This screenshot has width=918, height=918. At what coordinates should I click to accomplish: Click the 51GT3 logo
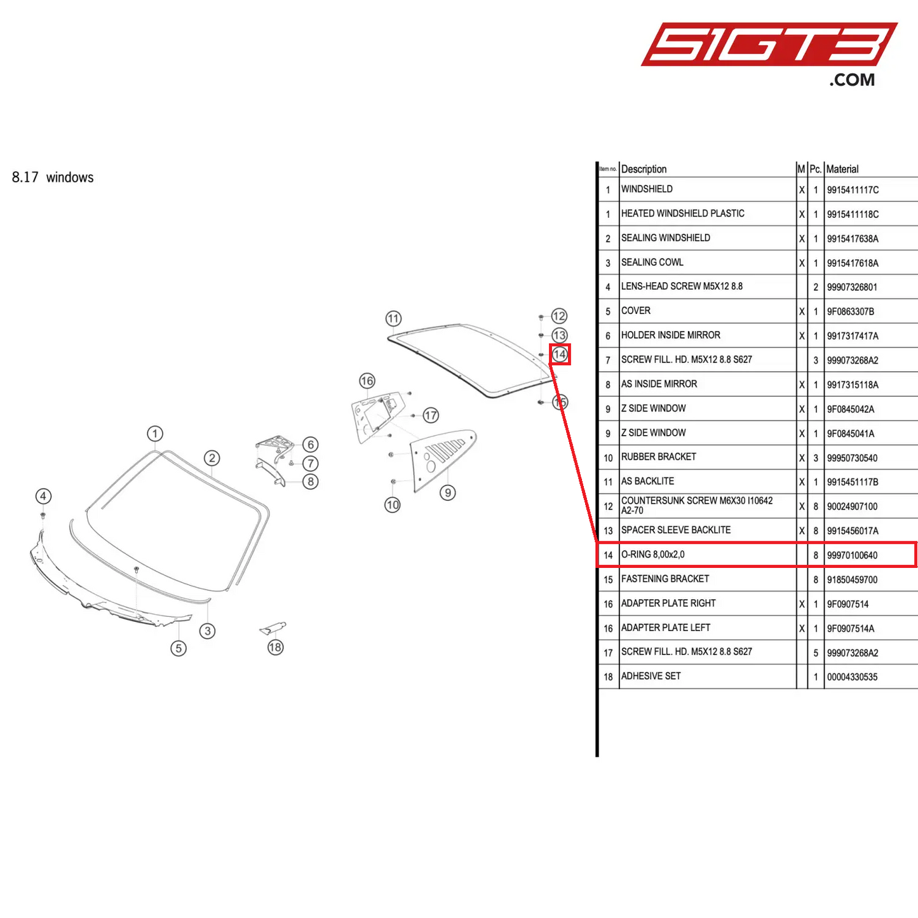point(769,46)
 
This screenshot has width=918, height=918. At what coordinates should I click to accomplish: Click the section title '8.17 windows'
point(53,178)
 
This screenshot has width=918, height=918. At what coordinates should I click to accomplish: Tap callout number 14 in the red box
point(560,354)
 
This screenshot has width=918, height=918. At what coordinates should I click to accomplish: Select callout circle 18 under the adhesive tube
point(275,647)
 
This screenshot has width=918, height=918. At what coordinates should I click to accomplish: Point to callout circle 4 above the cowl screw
point(43,496)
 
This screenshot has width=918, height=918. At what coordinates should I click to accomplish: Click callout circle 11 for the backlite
point(394,318)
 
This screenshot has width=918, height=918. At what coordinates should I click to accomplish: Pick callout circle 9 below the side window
point(448,492)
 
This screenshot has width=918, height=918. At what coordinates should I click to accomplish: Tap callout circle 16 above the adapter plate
point(367,381)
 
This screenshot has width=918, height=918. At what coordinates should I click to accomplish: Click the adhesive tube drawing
point(274,628)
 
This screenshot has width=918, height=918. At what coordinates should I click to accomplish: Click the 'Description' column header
point(644,169)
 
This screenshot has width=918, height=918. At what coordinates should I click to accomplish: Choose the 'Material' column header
point(842,169)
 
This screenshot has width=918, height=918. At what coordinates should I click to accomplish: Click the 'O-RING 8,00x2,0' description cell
point(653,555)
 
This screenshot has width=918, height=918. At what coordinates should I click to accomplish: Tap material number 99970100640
point(852,555)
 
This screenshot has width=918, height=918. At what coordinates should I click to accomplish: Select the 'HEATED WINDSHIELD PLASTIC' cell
point(683,213)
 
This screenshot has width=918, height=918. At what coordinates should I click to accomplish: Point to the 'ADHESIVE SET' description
point(651,676)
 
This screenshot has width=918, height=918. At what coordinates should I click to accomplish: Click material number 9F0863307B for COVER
point(851,312)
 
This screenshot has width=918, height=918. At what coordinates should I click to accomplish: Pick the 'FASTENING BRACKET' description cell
point(665,579)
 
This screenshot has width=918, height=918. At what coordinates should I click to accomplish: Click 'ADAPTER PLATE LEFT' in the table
point(666,628)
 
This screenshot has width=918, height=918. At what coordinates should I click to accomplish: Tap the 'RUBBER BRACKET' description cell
point(659,457)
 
